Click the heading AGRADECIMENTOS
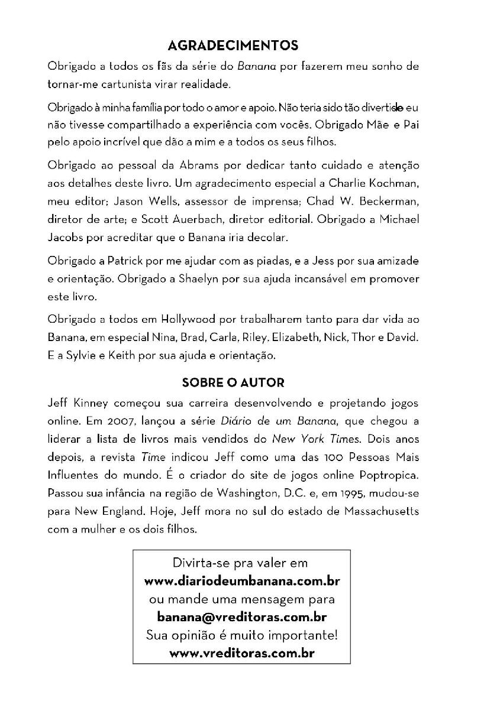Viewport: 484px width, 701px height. click(233, 46)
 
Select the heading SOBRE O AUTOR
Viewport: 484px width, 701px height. click(233, 382)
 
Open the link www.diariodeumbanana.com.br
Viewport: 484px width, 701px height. click(241, 580)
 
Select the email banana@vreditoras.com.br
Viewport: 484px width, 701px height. click(241, 617)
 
